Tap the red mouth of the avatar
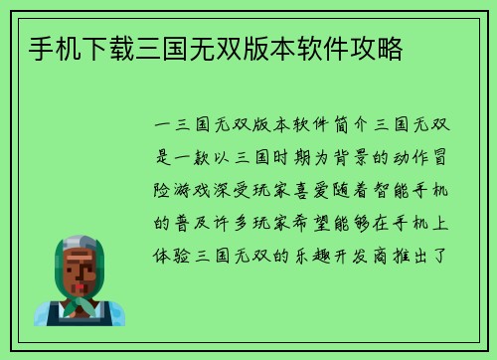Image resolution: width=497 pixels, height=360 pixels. [x=80, y=285]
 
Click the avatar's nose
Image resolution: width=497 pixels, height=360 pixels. [x=80, y=274]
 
